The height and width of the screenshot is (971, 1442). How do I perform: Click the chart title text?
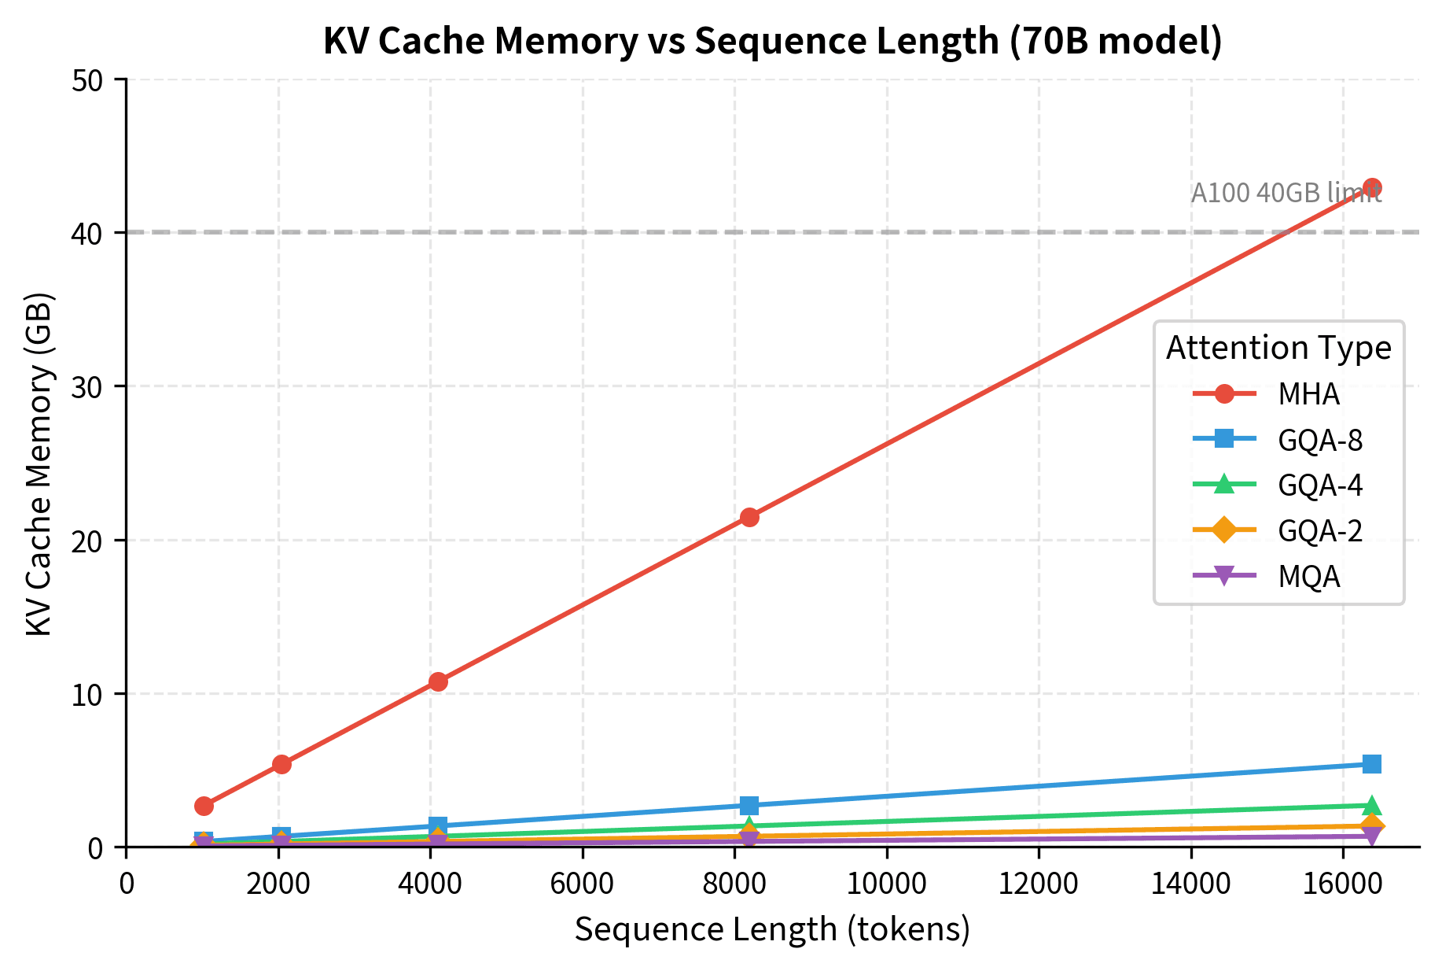(772, 41)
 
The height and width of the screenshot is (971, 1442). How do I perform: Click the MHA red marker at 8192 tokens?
(749, 517)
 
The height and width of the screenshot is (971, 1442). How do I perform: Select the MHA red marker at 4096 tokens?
(438, 681)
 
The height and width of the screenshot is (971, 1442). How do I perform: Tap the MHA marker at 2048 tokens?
(281, 764)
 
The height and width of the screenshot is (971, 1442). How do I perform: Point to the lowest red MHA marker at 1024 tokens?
(204, 805)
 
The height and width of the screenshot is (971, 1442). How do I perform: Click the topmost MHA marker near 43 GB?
(1372, 188)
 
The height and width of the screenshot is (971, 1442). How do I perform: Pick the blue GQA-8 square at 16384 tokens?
(1372, 764)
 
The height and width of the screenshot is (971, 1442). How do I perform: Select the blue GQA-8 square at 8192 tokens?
(749, 805)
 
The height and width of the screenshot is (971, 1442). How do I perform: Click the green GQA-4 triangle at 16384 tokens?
(1372, 805)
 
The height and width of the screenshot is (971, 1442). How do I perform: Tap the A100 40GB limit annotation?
(1286, 194)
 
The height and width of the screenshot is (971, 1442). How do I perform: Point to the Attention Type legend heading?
(1278, 348)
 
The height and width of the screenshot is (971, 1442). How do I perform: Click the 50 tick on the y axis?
(88, 79)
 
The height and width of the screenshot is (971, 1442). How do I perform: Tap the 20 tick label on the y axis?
(88, 541)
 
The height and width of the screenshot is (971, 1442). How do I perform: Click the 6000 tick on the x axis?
(582, 884)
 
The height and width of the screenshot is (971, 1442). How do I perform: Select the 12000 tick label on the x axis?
(1038, 884)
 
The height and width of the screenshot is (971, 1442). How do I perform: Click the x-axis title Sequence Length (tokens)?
(772, 930)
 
